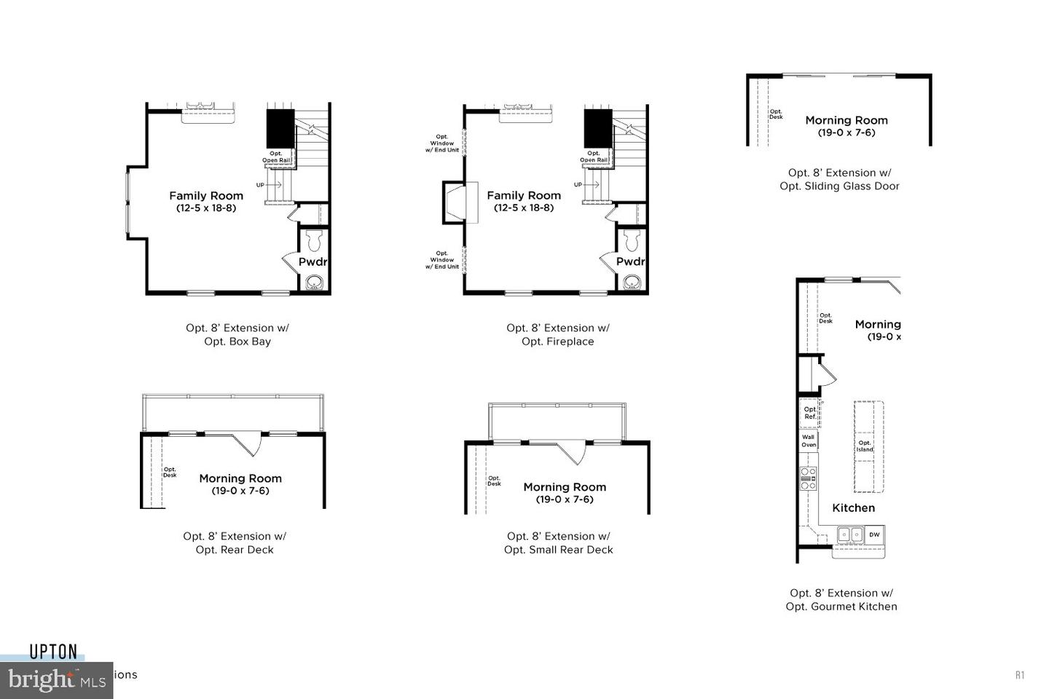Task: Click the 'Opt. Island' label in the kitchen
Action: click(x=865, y=446)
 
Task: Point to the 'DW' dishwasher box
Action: click(x=874, y=534)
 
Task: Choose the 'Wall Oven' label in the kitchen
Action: click(x=809, y=441)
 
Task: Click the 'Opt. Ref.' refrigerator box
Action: click(x=810, y=412)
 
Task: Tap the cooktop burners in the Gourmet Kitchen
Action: click(x=809, y=478)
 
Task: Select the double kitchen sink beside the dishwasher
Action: click(x=849, y=534)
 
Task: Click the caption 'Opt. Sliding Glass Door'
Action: click(x=839, y=186)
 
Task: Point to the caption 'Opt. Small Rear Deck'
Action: click(x=558, y=550)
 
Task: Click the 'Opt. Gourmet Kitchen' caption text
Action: click(x=841, y=607)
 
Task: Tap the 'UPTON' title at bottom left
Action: click(x=53, y=652)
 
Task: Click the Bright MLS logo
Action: click(x=55, y=681)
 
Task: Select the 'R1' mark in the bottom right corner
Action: click(x=1020, y=675)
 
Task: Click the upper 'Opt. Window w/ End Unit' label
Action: click(x=442, y=143)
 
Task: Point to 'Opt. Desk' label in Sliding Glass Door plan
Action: click(x=776, y=114)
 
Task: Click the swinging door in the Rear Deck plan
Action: click(x=248, y=442)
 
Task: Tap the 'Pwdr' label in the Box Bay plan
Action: click(x=313, y=261)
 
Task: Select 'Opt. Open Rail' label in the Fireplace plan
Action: click(x=594, y=157)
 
